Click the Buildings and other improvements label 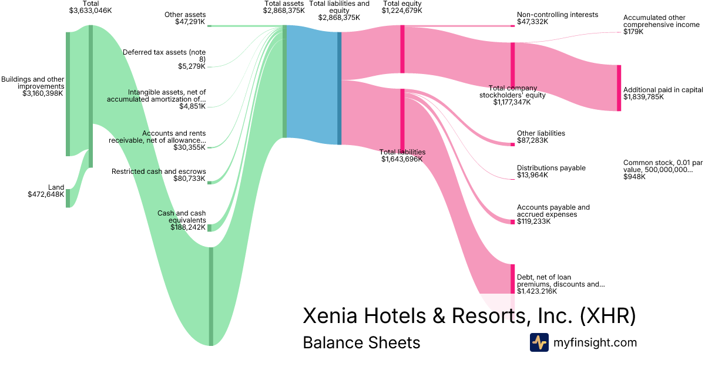(33, 82)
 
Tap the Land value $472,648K (46, 194)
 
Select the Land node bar (68, 198)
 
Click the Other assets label (186, 15)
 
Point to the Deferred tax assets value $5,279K (192, 66)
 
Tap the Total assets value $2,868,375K (284, 11)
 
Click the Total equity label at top (402, 4)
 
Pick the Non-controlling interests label (557, 15)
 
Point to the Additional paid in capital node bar (619, 88)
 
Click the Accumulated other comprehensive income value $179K (633, 32)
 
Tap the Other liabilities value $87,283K (532, 140)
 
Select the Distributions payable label (551, 168)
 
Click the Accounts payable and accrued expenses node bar (512, 221)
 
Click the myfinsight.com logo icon (539, 342)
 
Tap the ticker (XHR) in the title (607, 316)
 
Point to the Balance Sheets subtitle (361, 342)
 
